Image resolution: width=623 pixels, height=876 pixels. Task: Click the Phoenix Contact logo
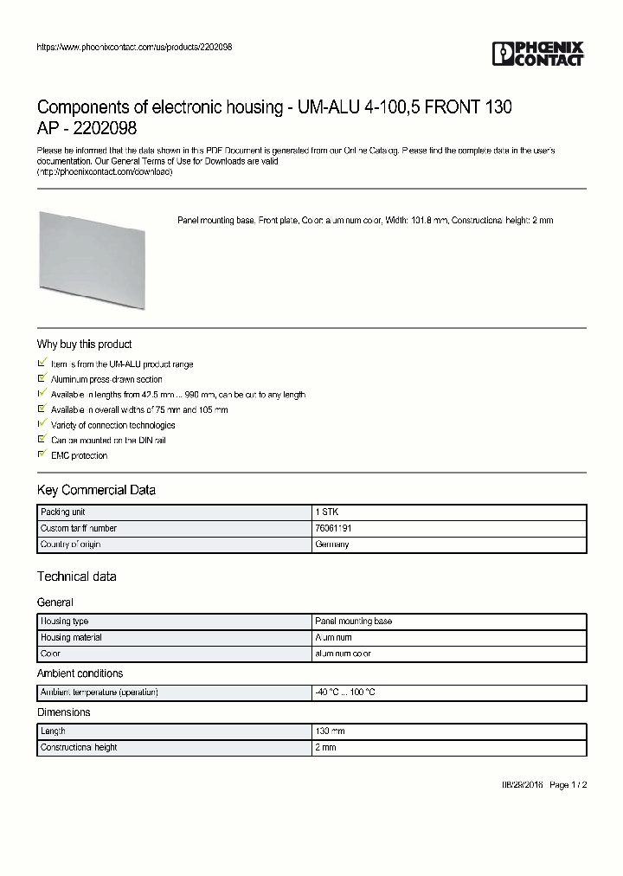coord(537,54)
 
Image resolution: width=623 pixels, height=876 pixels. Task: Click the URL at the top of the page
coord(134,47)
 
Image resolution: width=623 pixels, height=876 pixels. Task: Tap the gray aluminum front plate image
coord(92,259)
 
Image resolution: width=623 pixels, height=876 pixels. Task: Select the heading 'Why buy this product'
coord(84,345)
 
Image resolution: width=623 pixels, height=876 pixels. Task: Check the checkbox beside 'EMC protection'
coord(42,454)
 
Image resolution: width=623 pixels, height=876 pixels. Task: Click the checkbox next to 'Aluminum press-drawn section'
coord(42,379)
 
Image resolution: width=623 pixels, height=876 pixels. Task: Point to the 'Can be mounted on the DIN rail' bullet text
coord(108,441)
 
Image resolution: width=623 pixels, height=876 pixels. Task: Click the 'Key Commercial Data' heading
coord(96,491)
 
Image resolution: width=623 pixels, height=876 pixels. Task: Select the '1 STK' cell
coord(327,512)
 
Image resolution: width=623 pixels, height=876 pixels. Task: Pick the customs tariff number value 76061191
coord(333,528)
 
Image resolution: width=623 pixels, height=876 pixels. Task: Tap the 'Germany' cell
coord(332,544)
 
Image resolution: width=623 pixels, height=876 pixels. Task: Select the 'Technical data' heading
coord(76,576)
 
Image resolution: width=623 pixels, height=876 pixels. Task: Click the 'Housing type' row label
coord(64,622)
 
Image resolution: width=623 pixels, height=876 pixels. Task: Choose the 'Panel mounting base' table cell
coord(353,622)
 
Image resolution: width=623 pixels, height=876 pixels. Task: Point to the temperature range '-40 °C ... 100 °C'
coord(345,692)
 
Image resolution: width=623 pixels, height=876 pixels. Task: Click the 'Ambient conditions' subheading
coord(80,673)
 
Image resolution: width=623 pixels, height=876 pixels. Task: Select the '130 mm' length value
coord(330,731)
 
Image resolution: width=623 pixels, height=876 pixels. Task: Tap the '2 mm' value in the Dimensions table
coord(325,747)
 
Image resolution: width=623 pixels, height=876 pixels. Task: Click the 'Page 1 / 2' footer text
coord(568,785)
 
